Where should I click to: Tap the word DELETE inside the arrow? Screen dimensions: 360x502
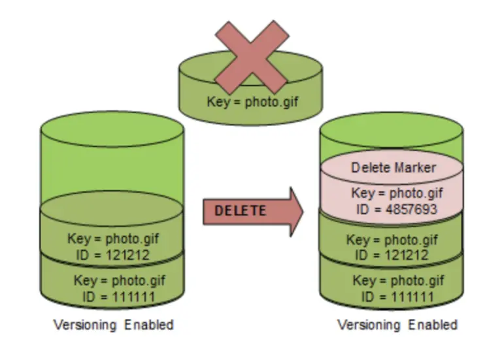[x=241, y=210]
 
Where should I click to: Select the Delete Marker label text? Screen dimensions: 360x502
[x=393, y=167]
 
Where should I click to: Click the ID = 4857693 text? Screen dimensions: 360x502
[x=393, y=209]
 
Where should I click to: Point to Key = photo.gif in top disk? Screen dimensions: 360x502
[x=252, y=101]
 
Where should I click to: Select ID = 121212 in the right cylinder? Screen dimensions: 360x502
[x=392, y=255]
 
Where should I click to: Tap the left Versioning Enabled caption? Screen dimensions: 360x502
[x=114, y=325]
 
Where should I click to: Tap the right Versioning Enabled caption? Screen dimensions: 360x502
[x=397, y=325]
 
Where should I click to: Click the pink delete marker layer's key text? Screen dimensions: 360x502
[x=393, y=193]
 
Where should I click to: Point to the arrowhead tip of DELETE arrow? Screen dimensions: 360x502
[x=302, y=210]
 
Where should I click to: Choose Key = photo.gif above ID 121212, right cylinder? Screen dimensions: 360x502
[x=392, y=240]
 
